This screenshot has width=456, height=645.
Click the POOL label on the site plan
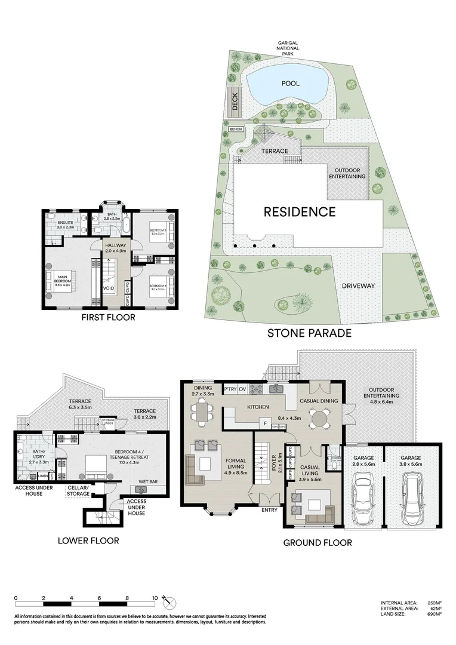[x=291, y=84]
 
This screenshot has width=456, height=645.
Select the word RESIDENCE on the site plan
[x=300, y=211]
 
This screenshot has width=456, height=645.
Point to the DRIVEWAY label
[x=358, y=285]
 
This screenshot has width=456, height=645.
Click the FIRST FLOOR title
[x=108, y=317]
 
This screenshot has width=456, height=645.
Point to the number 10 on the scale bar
[x=155, y=597]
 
